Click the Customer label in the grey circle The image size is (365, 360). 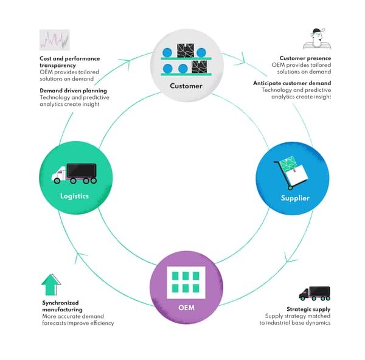[x=186, y=86]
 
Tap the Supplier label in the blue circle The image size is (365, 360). [x=295, y=198]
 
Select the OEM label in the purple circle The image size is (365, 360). [x=187, y=307]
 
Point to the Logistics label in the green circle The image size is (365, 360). [x=75, y=196]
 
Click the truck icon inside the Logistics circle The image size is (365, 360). [x=75, y=173]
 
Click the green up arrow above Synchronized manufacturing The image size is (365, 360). [x=51, y=285]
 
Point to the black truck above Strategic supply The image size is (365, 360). [x=314, y=293]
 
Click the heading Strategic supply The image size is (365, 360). [x=308, y=309]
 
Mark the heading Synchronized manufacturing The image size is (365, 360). [x=62, y=306]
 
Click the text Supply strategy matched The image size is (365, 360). [x=298, y=316]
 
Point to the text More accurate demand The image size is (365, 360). [x=73, y=316]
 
